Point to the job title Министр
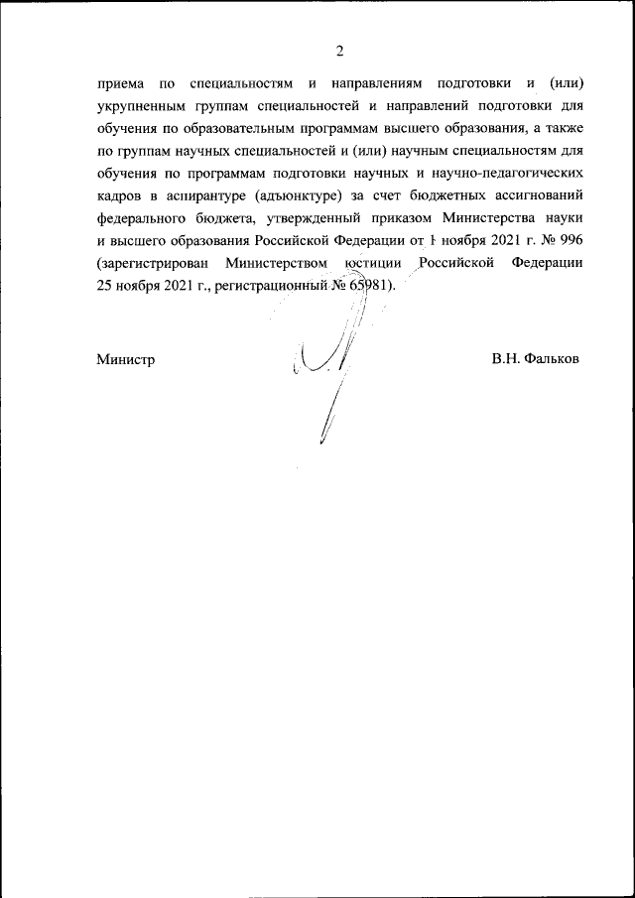[x=125, y=358]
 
